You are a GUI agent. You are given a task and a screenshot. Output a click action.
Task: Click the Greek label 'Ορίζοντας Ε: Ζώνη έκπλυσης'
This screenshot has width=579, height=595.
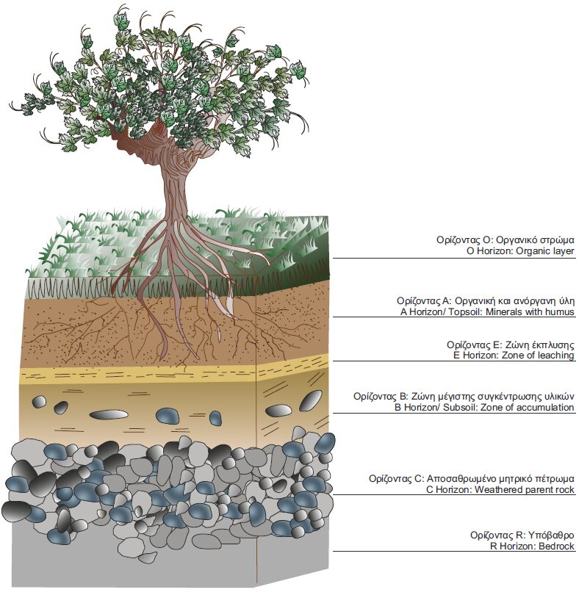[x=510, y=344]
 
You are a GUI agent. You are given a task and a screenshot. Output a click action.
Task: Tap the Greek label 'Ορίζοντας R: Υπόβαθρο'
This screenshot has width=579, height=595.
[x=522, y=535]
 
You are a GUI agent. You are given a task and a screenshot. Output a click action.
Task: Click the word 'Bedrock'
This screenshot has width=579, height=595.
[x=555, y=547]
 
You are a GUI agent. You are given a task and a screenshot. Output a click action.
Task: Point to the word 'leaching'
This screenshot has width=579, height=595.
[x=555, y=356]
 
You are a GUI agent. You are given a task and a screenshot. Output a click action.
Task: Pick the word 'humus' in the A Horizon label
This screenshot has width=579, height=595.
[x=560, y=312]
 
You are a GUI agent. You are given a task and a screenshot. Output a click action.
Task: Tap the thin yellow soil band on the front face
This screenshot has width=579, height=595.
[x=132, y=375]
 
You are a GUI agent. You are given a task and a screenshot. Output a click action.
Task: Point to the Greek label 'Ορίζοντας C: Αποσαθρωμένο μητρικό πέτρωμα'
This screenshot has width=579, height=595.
[x=472, y=478]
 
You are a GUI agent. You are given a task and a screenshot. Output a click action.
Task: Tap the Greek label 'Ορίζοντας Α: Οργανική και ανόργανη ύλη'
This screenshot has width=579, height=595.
[x=485, y=300]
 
